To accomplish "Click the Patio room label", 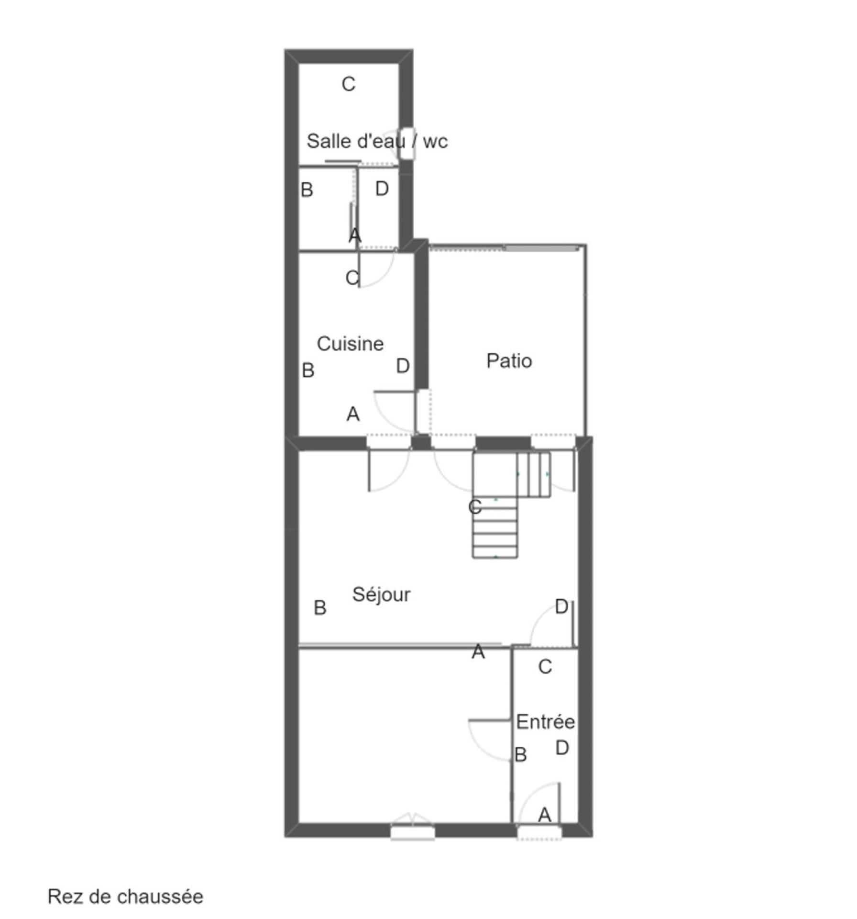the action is (x=509, y=361).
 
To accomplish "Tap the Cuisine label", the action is (x=350, y=344).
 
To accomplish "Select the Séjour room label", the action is (x=381, y=594).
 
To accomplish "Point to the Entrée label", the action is (x=545, y=721).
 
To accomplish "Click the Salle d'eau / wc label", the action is (x=377, y=141).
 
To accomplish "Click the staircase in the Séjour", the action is (x=511, y=504).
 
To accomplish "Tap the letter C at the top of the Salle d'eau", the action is (x=349, y=84).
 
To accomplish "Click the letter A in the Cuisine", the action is (x=353, y=414).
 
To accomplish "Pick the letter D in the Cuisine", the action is (x=403, y=366).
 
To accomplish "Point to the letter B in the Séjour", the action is (x=320, y=608).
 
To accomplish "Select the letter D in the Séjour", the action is (x=561, y=606).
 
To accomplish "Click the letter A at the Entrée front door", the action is (x=545, y=815).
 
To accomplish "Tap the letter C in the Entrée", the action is (x=545, y=666).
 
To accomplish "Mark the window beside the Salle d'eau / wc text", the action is (x=407, y=144).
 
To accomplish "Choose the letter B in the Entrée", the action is (x=521, y=755).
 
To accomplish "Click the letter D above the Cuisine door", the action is (x=382, y=189).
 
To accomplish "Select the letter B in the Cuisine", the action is (x=308, y=370).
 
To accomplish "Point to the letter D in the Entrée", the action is (x=562, y=748).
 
